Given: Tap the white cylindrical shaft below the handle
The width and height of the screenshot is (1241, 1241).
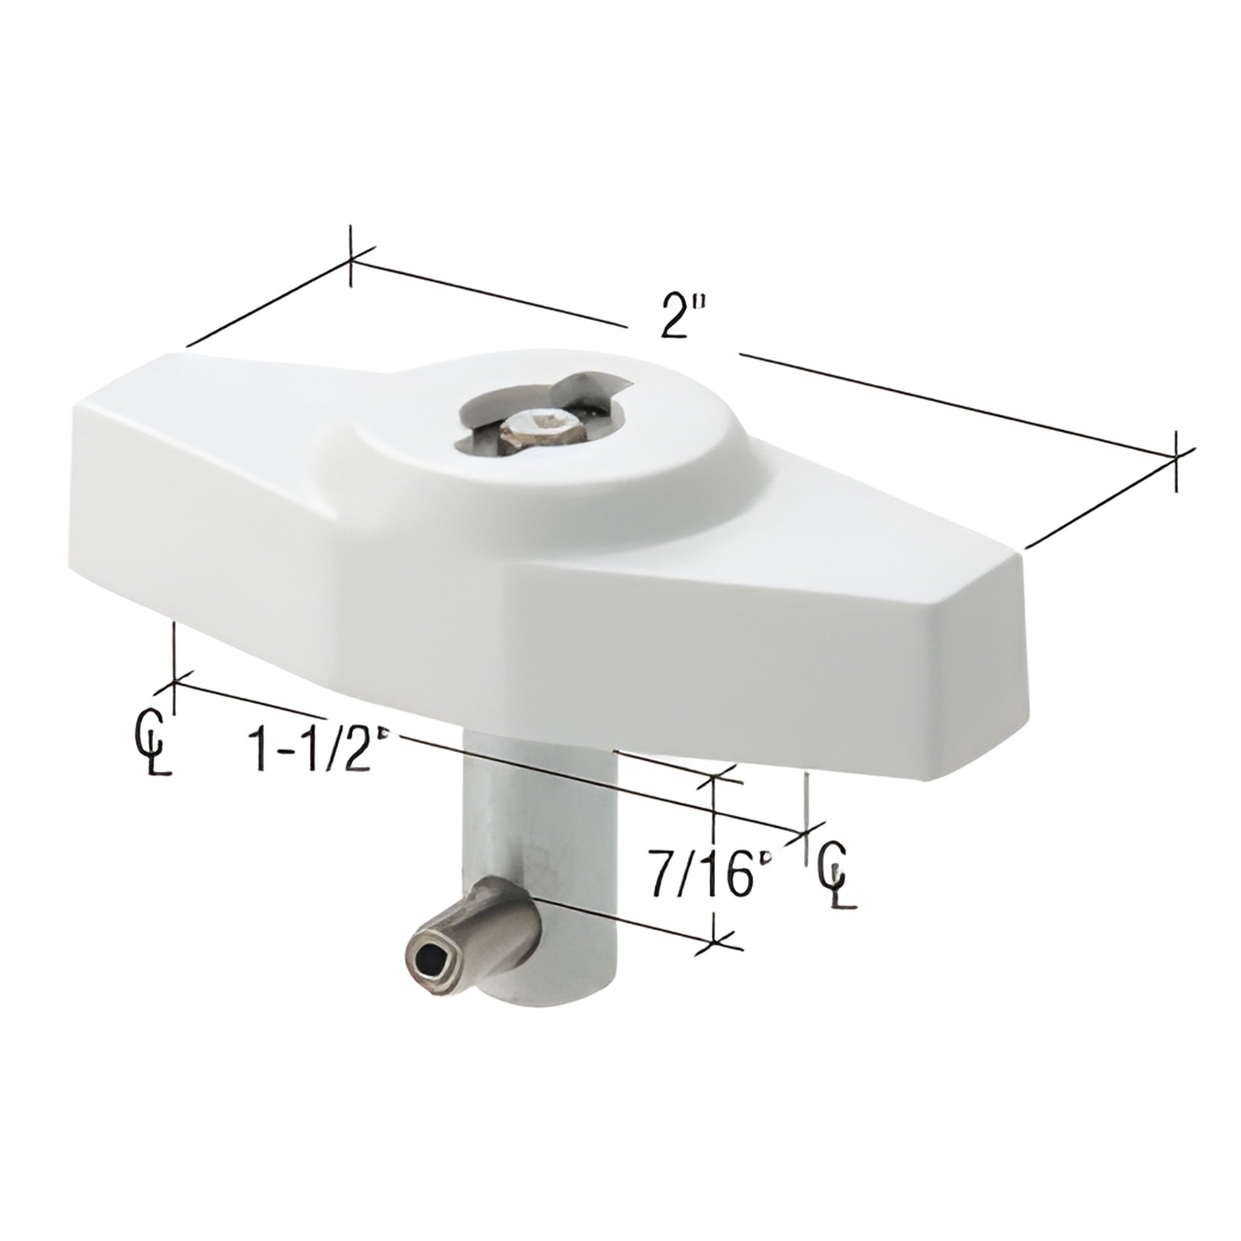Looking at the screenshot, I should [x=508, y=828].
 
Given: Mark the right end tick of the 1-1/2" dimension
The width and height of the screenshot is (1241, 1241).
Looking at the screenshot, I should [x=807, y=833].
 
